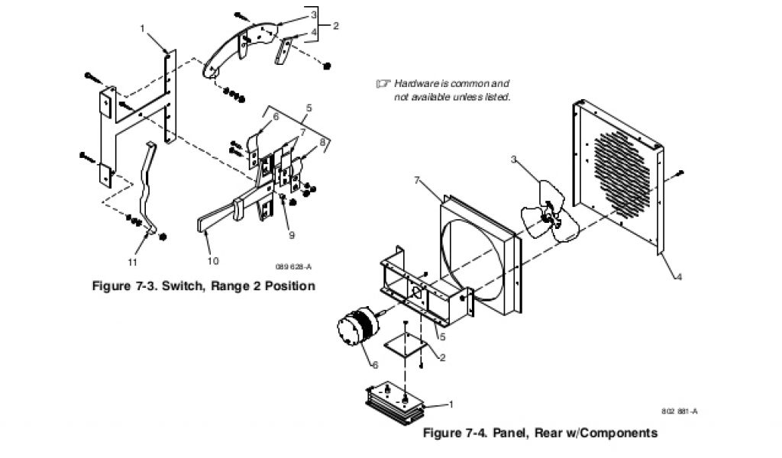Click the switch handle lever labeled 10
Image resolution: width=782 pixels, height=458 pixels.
tap(221, 215)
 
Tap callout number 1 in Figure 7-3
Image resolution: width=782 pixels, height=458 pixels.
tap(142, 28)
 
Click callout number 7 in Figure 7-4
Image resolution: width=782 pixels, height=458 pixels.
tap(416, 180)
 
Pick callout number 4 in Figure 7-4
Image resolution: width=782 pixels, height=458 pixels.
tap(678, 277)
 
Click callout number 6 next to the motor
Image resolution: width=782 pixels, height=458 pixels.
tap(376, 365)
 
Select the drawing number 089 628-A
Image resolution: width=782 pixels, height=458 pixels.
tap(294, 266)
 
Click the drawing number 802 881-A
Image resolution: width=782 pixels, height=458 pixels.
tap(680, 411)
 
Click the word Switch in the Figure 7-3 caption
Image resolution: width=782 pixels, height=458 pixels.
tap(180, 286)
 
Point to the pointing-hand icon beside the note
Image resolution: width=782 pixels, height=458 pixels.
tap(383, 82)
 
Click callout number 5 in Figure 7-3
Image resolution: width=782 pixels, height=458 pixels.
tap(309, 107)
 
